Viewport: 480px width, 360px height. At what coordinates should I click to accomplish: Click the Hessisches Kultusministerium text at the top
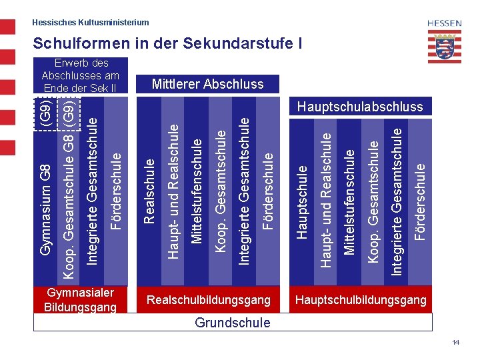pyautogui.click(x=91, y=23)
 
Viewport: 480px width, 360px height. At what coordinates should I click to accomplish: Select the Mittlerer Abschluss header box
pyautogui.click(x=207, y=84)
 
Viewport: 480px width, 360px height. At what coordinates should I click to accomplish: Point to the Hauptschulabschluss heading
pyautogui.click(x=360, y=107)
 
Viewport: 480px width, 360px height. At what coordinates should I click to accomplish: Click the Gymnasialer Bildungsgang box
pyautogui.click(x=80, y=300)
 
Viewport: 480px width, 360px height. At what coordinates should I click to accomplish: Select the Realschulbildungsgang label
pyautogui.click(x=209, y=300)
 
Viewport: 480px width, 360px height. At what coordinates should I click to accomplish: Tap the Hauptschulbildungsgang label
pyautogui.click(x=361, y=300)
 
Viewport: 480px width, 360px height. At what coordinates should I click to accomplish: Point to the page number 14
pyautogui.click(x=456, y=342)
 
